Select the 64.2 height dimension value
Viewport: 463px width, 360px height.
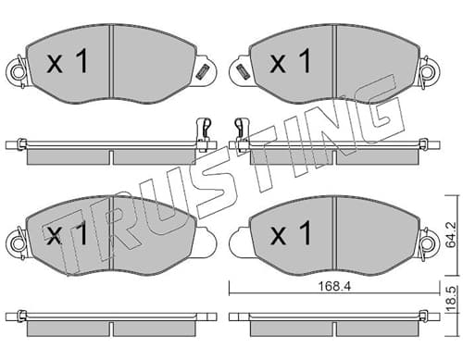452,235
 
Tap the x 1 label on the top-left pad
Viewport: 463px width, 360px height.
68,62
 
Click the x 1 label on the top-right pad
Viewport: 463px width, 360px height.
290,61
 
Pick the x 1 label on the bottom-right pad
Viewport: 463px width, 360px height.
290,233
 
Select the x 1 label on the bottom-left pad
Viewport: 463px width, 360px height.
68,234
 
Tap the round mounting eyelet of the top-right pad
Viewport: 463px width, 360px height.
429,72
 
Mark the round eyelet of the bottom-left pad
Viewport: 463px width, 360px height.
17,244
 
